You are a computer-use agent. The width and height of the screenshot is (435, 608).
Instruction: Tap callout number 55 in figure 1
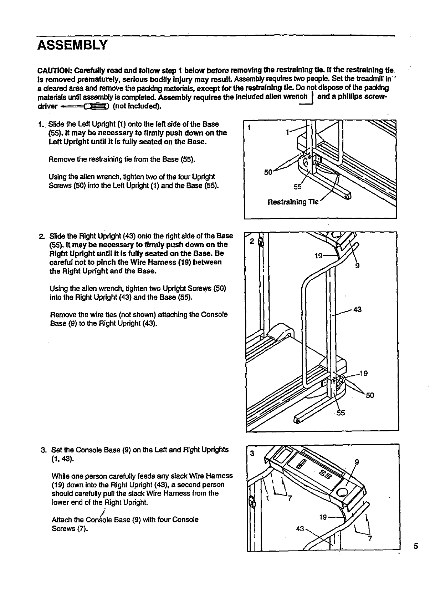pyautogui.click(x=297, y=187)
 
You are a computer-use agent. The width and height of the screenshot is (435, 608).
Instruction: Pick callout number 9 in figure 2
pyautogui.click(x=357, y=266)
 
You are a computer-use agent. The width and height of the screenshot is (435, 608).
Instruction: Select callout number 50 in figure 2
pyautogui.click(x=370, y=395)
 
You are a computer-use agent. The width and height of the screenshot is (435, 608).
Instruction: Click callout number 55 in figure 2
pyautogui.click(x=341, y=413)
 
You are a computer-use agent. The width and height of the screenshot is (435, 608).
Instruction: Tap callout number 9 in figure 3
pyautogui.click(x=357, y=462)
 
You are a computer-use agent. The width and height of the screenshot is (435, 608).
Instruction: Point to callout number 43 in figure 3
pyautogui.click(x=300, y=528)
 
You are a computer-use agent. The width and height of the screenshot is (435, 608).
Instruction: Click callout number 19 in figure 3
pyautogui.click(x=323, y=517)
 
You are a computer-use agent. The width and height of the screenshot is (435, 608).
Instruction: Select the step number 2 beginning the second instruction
pyautogui.click(x=41, y=236)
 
